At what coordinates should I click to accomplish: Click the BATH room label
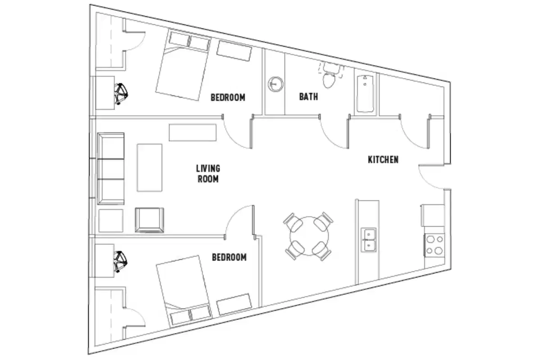point(308,97)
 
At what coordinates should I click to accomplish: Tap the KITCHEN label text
point(383,160)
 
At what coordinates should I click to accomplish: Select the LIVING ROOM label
point(208,174)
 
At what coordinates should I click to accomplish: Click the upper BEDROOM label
point(228,97)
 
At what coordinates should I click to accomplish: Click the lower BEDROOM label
point(229,257)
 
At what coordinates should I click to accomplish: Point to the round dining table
point(309,237)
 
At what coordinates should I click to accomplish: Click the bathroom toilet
point(329,78)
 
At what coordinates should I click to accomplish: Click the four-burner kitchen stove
point(434,245)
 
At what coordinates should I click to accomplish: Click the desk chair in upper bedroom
point(121,93)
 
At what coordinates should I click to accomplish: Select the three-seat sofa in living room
point(110,169)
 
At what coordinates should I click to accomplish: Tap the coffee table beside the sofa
point(149,167)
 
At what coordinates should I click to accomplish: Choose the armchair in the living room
point(149,220)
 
